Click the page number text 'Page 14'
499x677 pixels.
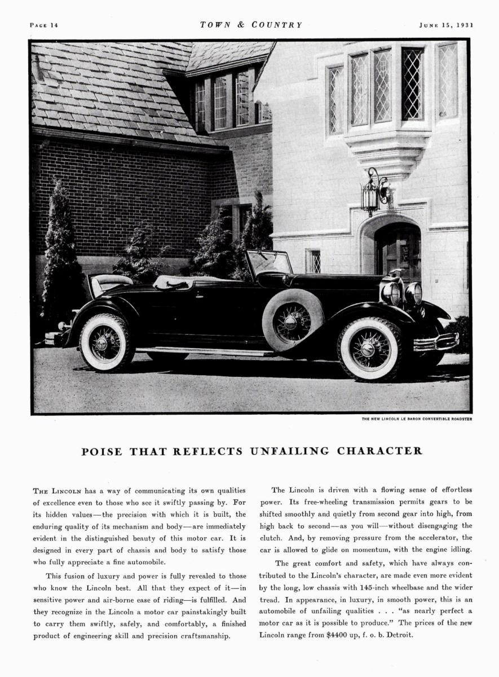(43, 25)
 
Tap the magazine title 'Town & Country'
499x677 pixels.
(251, 25)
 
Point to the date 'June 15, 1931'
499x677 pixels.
(446, 25)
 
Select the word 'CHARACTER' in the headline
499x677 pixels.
(379, 451)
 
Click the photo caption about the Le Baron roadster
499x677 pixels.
(417, 419)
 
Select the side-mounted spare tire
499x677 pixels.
(292, 320)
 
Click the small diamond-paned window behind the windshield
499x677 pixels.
(314, 261)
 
